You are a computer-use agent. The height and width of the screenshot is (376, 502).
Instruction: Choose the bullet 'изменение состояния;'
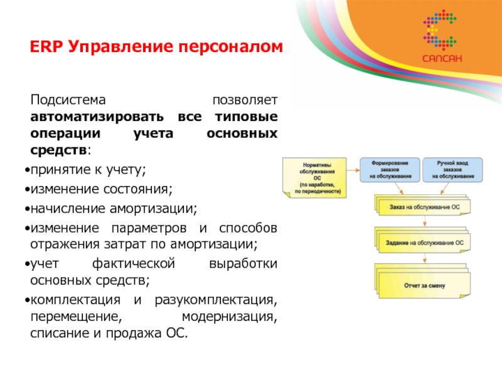click(100, 189)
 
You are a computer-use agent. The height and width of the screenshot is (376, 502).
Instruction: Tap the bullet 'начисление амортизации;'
click(113, 207)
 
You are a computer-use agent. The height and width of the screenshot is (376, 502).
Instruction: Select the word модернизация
click(228, 315)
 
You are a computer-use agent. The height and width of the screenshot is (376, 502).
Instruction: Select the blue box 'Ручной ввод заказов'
click(451, 169)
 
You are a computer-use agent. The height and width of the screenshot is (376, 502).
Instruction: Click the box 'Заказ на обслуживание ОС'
click(424, 206)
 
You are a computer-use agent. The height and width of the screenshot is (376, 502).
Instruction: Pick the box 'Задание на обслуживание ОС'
click(424, 242)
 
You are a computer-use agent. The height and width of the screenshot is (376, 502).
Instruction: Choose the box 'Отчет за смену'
click(424, 285)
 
